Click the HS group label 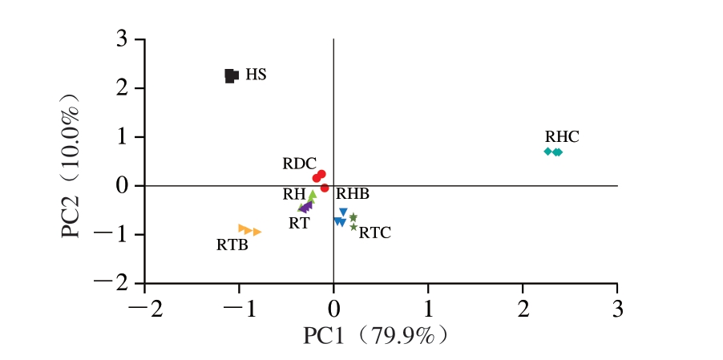256,75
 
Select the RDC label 299,164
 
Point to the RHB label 353,194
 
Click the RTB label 232,245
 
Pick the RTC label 374,233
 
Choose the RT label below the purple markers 299,223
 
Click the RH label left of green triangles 293,194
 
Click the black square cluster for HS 231,75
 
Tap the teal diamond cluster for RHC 553,152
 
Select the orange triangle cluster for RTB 249,230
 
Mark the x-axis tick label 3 617,307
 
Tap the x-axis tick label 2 523,307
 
